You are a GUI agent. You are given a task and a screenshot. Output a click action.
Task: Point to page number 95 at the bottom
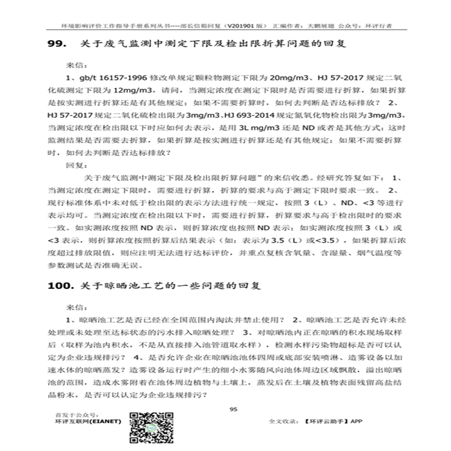(x=232, y=409)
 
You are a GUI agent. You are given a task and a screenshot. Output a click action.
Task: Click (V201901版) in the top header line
(x=244, y=27)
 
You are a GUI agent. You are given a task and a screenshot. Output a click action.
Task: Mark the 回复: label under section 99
(x=74, y=165)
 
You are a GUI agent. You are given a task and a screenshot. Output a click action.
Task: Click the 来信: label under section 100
(x=74, y=307)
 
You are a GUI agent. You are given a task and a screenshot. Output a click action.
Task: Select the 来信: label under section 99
(x=74, y=63)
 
